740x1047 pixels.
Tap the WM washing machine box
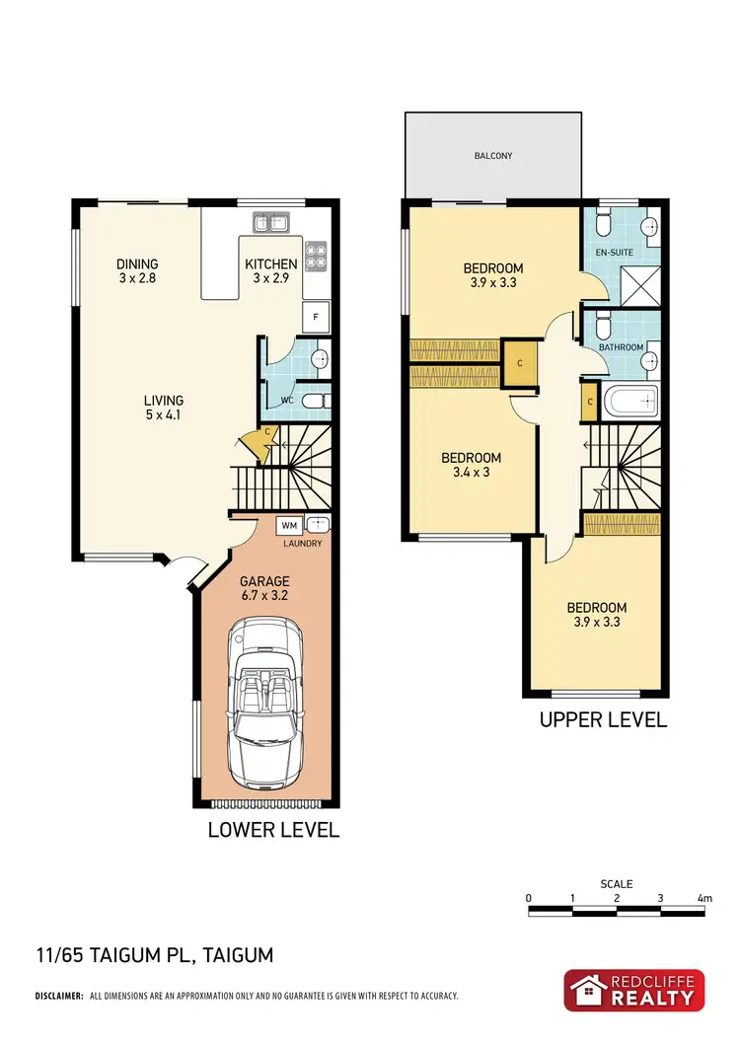pos(287,526)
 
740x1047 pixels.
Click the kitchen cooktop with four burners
pos(317,256)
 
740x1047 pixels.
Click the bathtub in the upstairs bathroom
pos(629,401)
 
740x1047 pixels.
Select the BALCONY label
pos(491,156)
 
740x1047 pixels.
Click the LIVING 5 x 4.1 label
pos(164,407)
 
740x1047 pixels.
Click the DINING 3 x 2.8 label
pos(137,270)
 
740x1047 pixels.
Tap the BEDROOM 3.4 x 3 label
pos(471,465)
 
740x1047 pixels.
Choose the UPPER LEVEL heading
pos(603,720)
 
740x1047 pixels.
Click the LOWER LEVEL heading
pos(273,830)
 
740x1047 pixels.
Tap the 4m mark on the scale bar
pos(703,898)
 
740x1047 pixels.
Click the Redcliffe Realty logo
pos(634,990)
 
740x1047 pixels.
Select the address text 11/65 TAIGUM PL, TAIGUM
pos(154,955)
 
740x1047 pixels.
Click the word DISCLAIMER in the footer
pos(59,996)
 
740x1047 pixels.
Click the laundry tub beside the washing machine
pos(318,526)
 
